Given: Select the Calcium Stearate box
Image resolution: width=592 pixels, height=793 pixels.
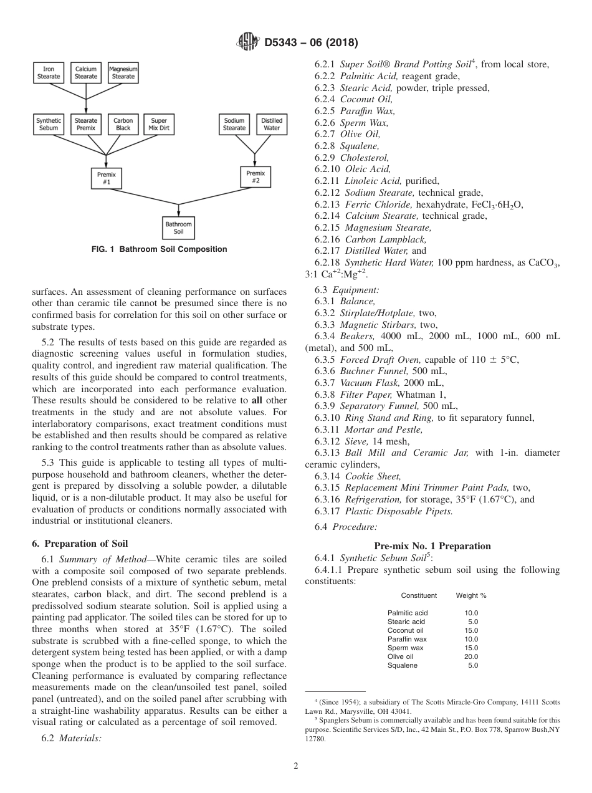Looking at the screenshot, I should pos(86,73).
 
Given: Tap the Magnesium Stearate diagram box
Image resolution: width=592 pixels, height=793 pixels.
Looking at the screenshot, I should pos(123,73).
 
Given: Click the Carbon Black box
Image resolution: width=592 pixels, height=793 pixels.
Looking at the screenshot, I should pos(123,124).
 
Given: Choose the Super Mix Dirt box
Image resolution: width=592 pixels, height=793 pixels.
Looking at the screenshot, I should pos(159,124).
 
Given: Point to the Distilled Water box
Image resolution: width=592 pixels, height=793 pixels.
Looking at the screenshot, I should pos(272,124).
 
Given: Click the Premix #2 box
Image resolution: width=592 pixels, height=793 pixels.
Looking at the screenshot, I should pos(255,177).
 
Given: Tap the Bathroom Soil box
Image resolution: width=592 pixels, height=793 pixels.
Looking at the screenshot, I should pos(179,228).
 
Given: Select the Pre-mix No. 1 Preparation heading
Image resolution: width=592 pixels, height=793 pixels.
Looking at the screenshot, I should pos(432,546).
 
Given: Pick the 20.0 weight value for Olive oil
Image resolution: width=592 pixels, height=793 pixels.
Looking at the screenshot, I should pos(470,656).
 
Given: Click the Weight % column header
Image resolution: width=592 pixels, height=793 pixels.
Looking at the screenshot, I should pos(470,595).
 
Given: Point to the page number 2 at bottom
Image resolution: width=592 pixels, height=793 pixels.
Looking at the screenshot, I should pos(296,766).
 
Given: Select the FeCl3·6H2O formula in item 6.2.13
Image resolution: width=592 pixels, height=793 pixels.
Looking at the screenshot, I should pos(492,204).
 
